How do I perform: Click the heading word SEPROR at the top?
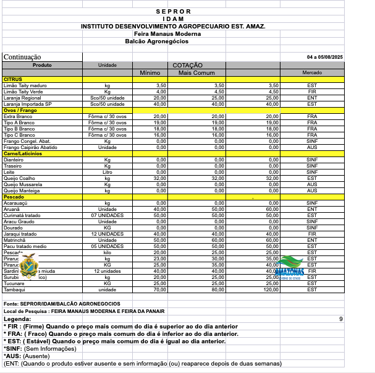click(173, 11)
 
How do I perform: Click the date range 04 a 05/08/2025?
click(324, 57)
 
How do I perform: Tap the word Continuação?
click(22, 57)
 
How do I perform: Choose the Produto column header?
click(42, 65)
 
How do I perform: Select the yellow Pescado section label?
click(14, 197)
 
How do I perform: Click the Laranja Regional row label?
click(22, 98)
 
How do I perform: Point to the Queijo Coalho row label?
click(19, 178)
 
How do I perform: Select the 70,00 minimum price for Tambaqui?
click(159, 289)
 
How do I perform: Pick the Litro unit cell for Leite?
click(107, 172)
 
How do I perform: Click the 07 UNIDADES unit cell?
click(107, 215)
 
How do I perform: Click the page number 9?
click(340, 319)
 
